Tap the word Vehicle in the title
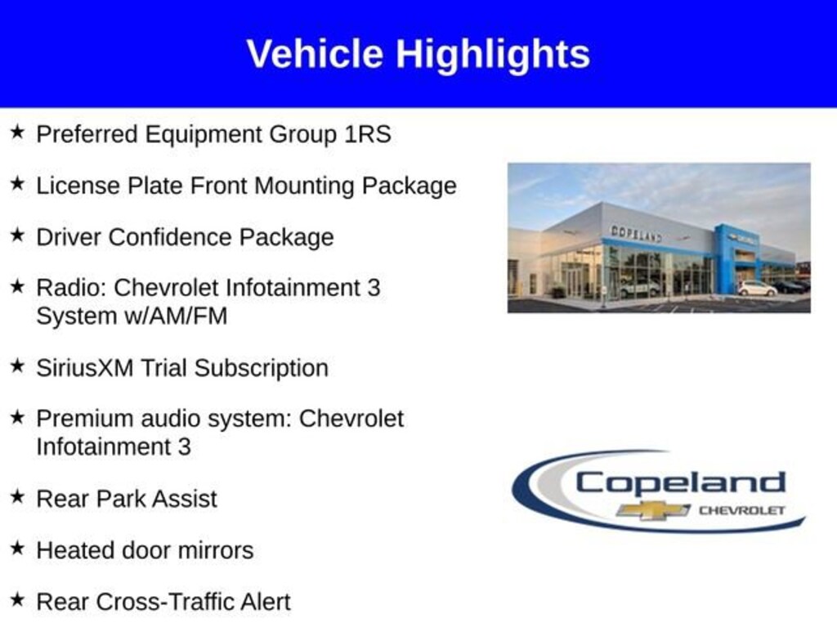(315, 53)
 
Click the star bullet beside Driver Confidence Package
(18, 235)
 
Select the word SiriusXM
(84, 368)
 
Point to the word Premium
(85, 419)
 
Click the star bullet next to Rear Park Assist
(18, 496)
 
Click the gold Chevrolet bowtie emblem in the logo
(653, 510)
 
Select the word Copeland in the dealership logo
(680, 484)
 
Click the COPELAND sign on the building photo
(636, 234)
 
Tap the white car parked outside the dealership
(757, 289)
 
